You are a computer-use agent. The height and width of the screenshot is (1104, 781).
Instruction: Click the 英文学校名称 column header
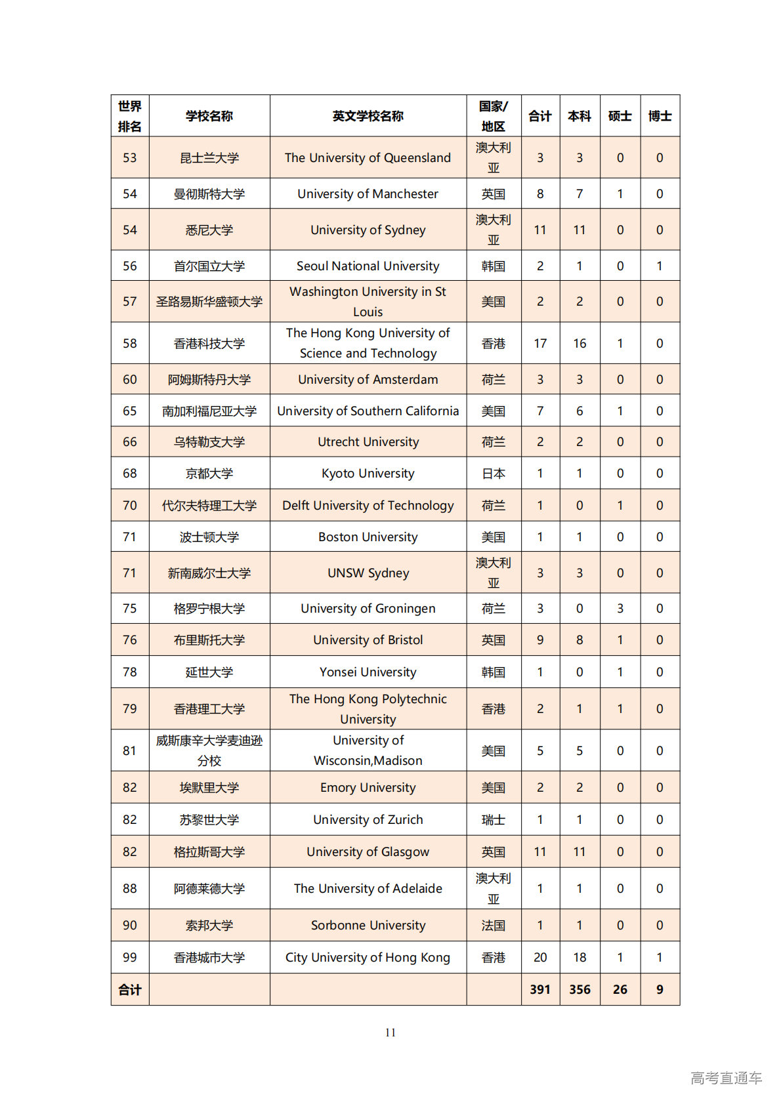(x=368, y=116)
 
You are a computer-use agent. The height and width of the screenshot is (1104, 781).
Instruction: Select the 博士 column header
(x=660, y=116)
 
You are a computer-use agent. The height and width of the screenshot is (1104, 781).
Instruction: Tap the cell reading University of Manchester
(x=368, y=194)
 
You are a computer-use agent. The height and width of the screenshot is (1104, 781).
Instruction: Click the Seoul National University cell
(x=368, y=266)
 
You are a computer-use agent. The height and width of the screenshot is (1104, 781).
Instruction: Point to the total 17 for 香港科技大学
(x=540, y=343)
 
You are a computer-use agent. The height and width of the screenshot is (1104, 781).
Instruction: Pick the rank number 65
(x=130, y=411)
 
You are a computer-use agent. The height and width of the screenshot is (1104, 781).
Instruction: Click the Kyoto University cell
(x=368, y=473)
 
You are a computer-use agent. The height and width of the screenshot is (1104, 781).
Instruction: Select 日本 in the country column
(x=493, y=473)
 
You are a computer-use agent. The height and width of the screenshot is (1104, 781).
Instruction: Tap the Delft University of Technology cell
(x=368, y=505)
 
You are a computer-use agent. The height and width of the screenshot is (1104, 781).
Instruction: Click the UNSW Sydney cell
(x=368, y=573)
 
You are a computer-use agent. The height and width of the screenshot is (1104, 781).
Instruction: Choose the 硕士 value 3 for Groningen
(x=620, y=608)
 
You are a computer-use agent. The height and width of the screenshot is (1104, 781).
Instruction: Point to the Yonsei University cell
(x=368, y=672)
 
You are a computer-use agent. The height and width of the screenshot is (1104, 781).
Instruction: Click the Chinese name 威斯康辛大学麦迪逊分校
(x=209, y=750)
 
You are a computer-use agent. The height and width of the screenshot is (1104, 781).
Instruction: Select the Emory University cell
(x=368, y=787)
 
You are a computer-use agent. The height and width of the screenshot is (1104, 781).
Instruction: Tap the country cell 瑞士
(x=493, y=819)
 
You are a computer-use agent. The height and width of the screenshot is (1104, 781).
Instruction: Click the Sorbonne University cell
(x=368, y=925)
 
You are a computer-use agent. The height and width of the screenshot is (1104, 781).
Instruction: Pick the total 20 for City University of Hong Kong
(x=540, y=957)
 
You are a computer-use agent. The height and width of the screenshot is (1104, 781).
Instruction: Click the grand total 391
(x=540, y=989)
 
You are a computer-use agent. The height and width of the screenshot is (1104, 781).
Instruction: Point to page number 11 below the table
(x=390, y=1032)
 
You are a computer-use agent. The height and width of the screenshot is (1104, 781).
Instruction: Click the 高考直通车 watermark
(x=726, y=1078)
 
